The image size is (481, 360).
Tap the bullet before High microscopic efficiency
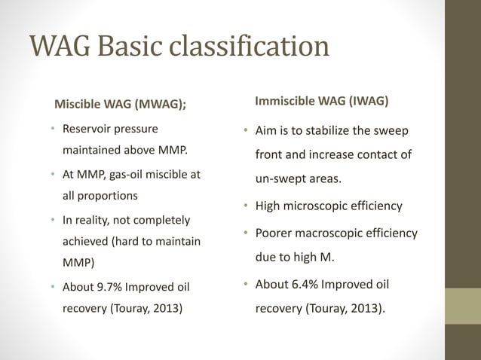(246, 206)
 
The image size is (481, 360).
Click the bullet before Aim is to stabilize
(246, 132)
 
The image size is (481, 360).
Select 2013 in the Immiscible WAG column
(363, 307)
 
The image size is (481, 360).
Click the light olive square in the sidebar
(464, 307)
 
